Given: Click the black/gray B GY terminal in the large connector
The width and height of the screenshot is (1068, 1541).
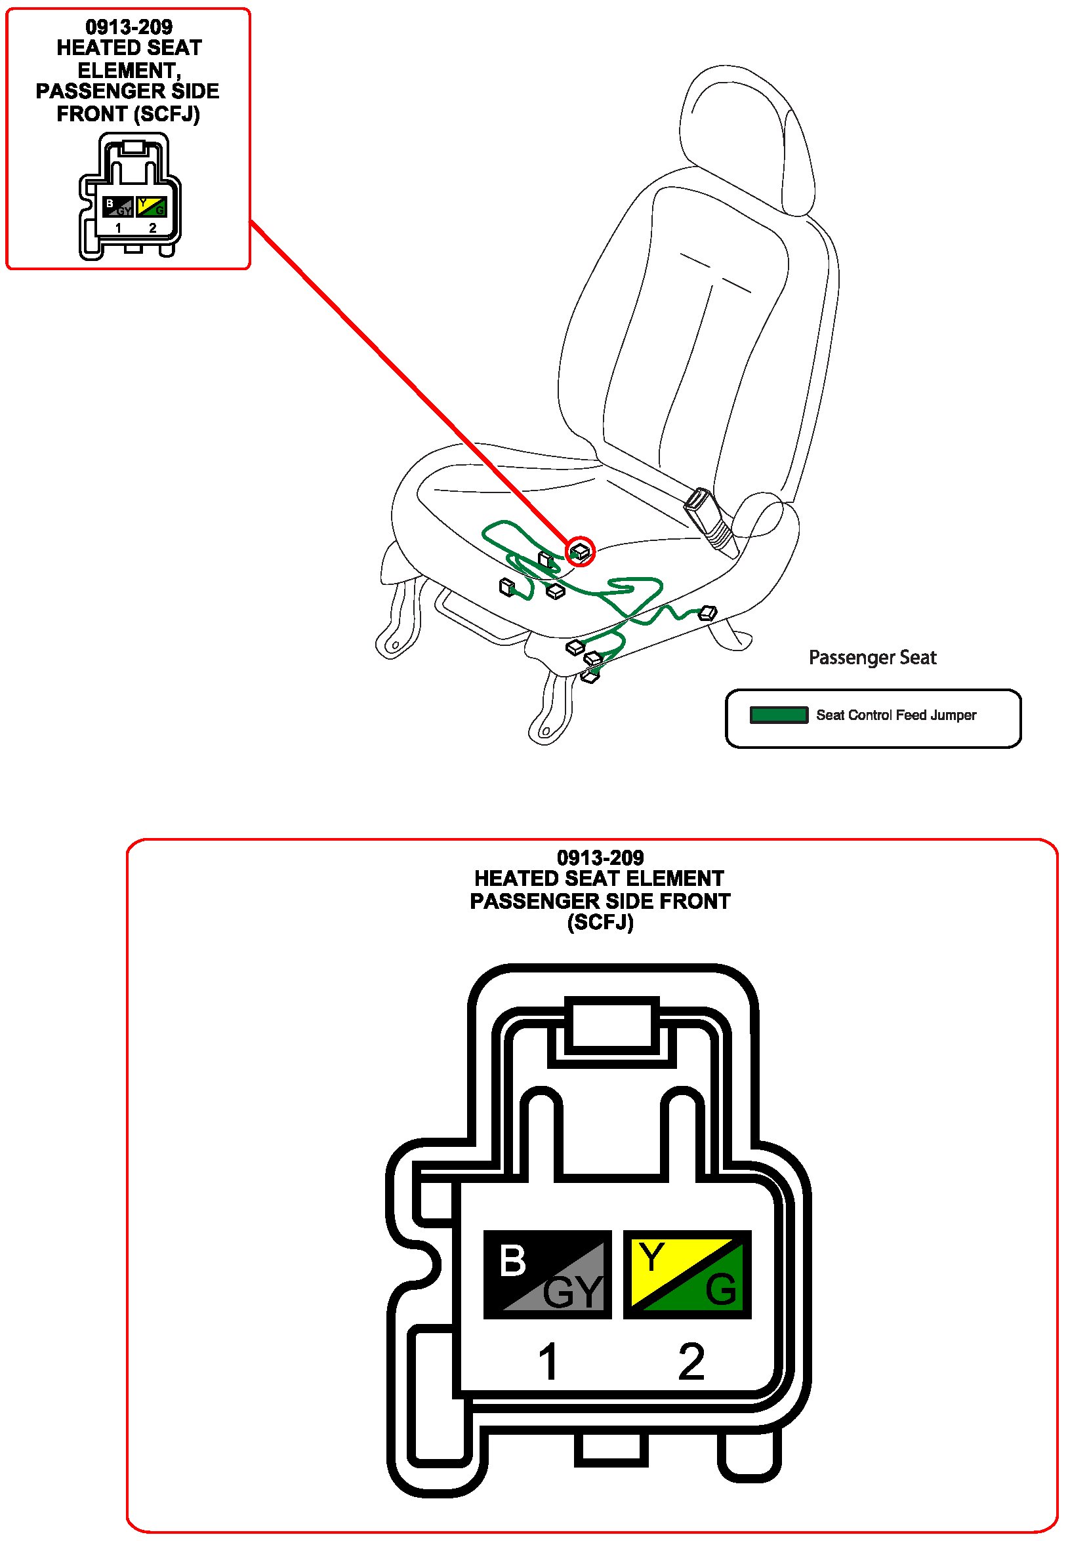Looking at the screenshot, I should [546, 1274].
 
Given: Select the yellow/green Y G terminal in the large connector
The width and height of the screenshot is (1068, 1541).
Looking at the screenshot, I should [687, 1274].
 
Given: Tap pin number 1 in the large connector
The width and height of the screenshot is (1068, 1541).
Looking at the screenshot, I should [547, 1361].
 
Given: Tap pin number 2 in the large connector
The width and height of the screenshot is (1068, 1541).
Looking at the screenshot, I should [691, 1361].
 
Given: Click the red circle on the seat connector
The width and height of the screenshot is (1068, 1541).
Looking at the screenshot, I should [580, 551].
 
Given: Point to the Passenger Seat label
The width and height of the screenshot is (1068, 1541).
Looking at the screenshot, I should [872, 658].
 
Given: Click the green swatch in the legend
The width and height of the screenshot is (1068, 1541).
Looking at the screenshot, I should [778, 715].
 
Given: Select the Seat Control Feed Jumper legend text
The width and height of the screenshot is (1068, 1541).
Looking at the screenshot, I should [895, 715].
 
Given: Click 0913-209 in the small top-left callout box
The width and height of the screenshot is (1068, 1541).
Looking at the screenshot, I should [129, 27].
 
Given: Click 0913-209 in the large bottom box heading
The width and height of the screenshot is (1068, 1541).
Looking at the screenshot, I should [600, 858].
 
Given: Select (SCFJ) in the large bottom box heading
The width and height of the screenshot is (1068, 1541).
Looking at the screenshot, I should [600, 923].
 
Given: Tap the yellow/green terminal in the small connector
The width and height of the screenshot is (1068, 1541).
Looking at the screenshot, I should [152, 207].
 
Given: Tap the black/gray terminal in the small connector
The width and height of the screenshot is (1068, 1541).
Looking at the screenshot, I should [117, 207].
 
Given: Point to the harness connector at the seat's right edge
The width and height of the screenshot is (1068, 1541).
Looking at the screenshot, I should [707, 612].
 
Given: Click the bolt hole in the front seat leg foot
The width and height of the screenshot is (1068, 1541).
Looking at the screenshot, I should [545, 732].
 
